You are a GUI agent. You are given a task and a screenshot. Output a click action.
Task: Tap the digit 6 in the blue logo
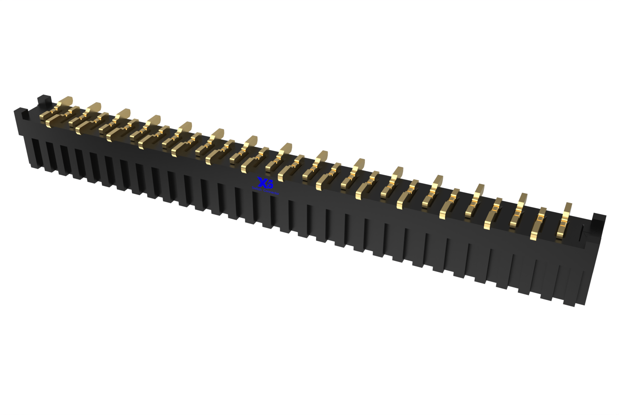tap(270, 185)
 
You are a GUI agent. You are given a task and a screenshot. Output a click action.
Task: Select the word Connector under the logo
tap(271, 192)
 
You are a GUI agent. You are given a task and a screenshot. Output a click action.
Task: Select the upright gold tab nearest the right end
tap(568, 209)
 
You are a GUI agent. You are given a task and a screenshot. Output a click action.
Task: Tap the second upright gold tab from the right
tap(523, 199)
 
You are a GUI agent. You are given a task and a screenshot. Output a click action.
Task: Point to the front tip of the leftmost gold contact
tap(49, 123)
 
